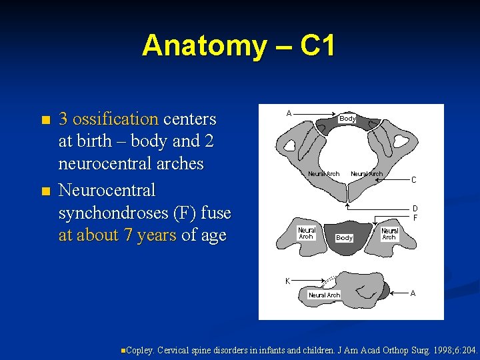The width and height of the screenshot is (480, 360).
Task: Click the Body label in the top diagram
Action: click(x=347, y=119)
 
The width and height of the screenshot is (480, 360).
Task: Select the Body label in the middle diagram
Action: click(x=344, y=237)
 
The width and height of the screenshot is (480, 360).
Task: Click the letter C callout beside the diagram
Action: click(x=413, y=180)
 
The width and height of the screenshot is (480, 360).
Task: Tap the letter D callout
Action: click(x=415, y=209)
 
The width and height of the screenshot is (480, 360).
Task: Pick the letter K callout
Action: click(x=287, y=281)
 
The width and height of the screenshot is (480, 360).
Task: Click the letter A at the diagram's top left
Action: click(x=289, y=113)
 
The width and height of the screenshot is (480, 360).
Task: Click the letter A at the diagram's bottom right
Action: click(x=413, y=293)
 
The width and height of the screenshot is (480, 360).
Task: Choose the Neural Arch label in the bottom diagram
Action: click(x=324, y=295)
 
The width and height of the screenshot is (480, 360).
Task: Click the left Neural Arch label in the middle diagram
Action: click(x=306, y=233)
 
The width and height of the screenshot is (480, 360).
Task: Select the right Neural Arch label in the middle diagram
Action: click(x=389, y=234)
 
